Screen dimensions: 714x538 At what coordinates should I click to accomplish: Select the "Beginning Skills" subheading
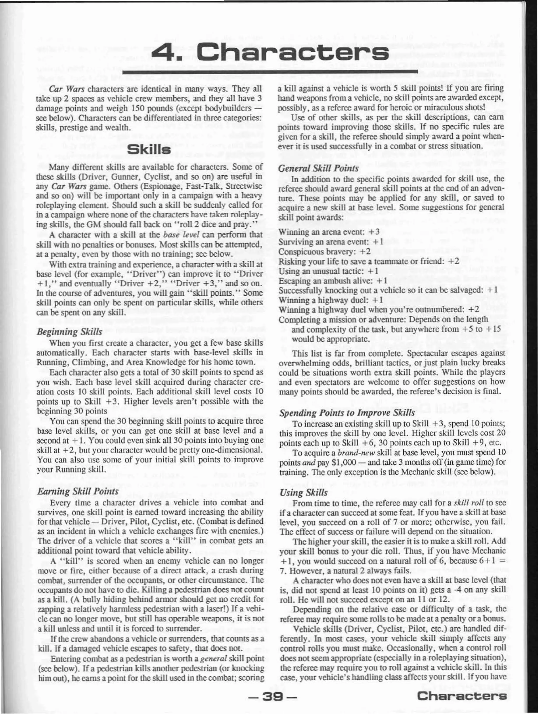70,331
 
